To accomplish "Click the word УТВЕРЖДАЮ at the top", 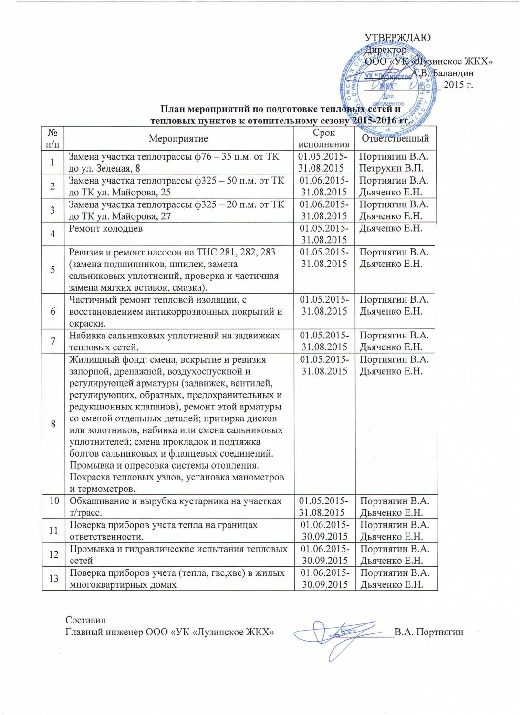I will pyautogui.click(x=397, y=38).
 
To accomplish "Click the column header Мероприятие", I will pyautogui.click(x=178, y=139).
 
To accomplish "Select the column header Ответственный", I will pyautogui.click(x=395, y=138).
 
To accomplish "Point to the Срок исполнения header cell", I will pyautogui.click(x=324, y=138).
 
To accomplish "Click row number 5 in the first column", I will pyautogui.click(x=53, y=270).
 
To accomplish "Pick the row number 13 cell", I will pyautogui.click(x=53, y=578).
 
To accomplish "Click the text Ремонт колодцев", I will pyautogui.click(x=106, y=228).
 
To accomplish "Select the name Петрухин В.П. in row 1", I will pyautogui.click(x=391, y=168).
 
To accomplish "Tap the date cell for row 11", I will pyautogui.click(x=324, y=531).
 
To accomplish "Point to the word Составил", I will pyautogui.click(x=85, y=620).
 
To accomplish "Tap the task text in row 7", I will pyautogui.click(x=175, y=341).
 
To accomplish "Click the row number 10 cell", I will pyautogui.click(x=53, y=500).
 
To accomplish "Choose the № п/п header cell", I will pyautogui.click(x=53, y=138).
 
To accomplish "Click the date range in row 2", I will pyautogui.click(x=324, y=186).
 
